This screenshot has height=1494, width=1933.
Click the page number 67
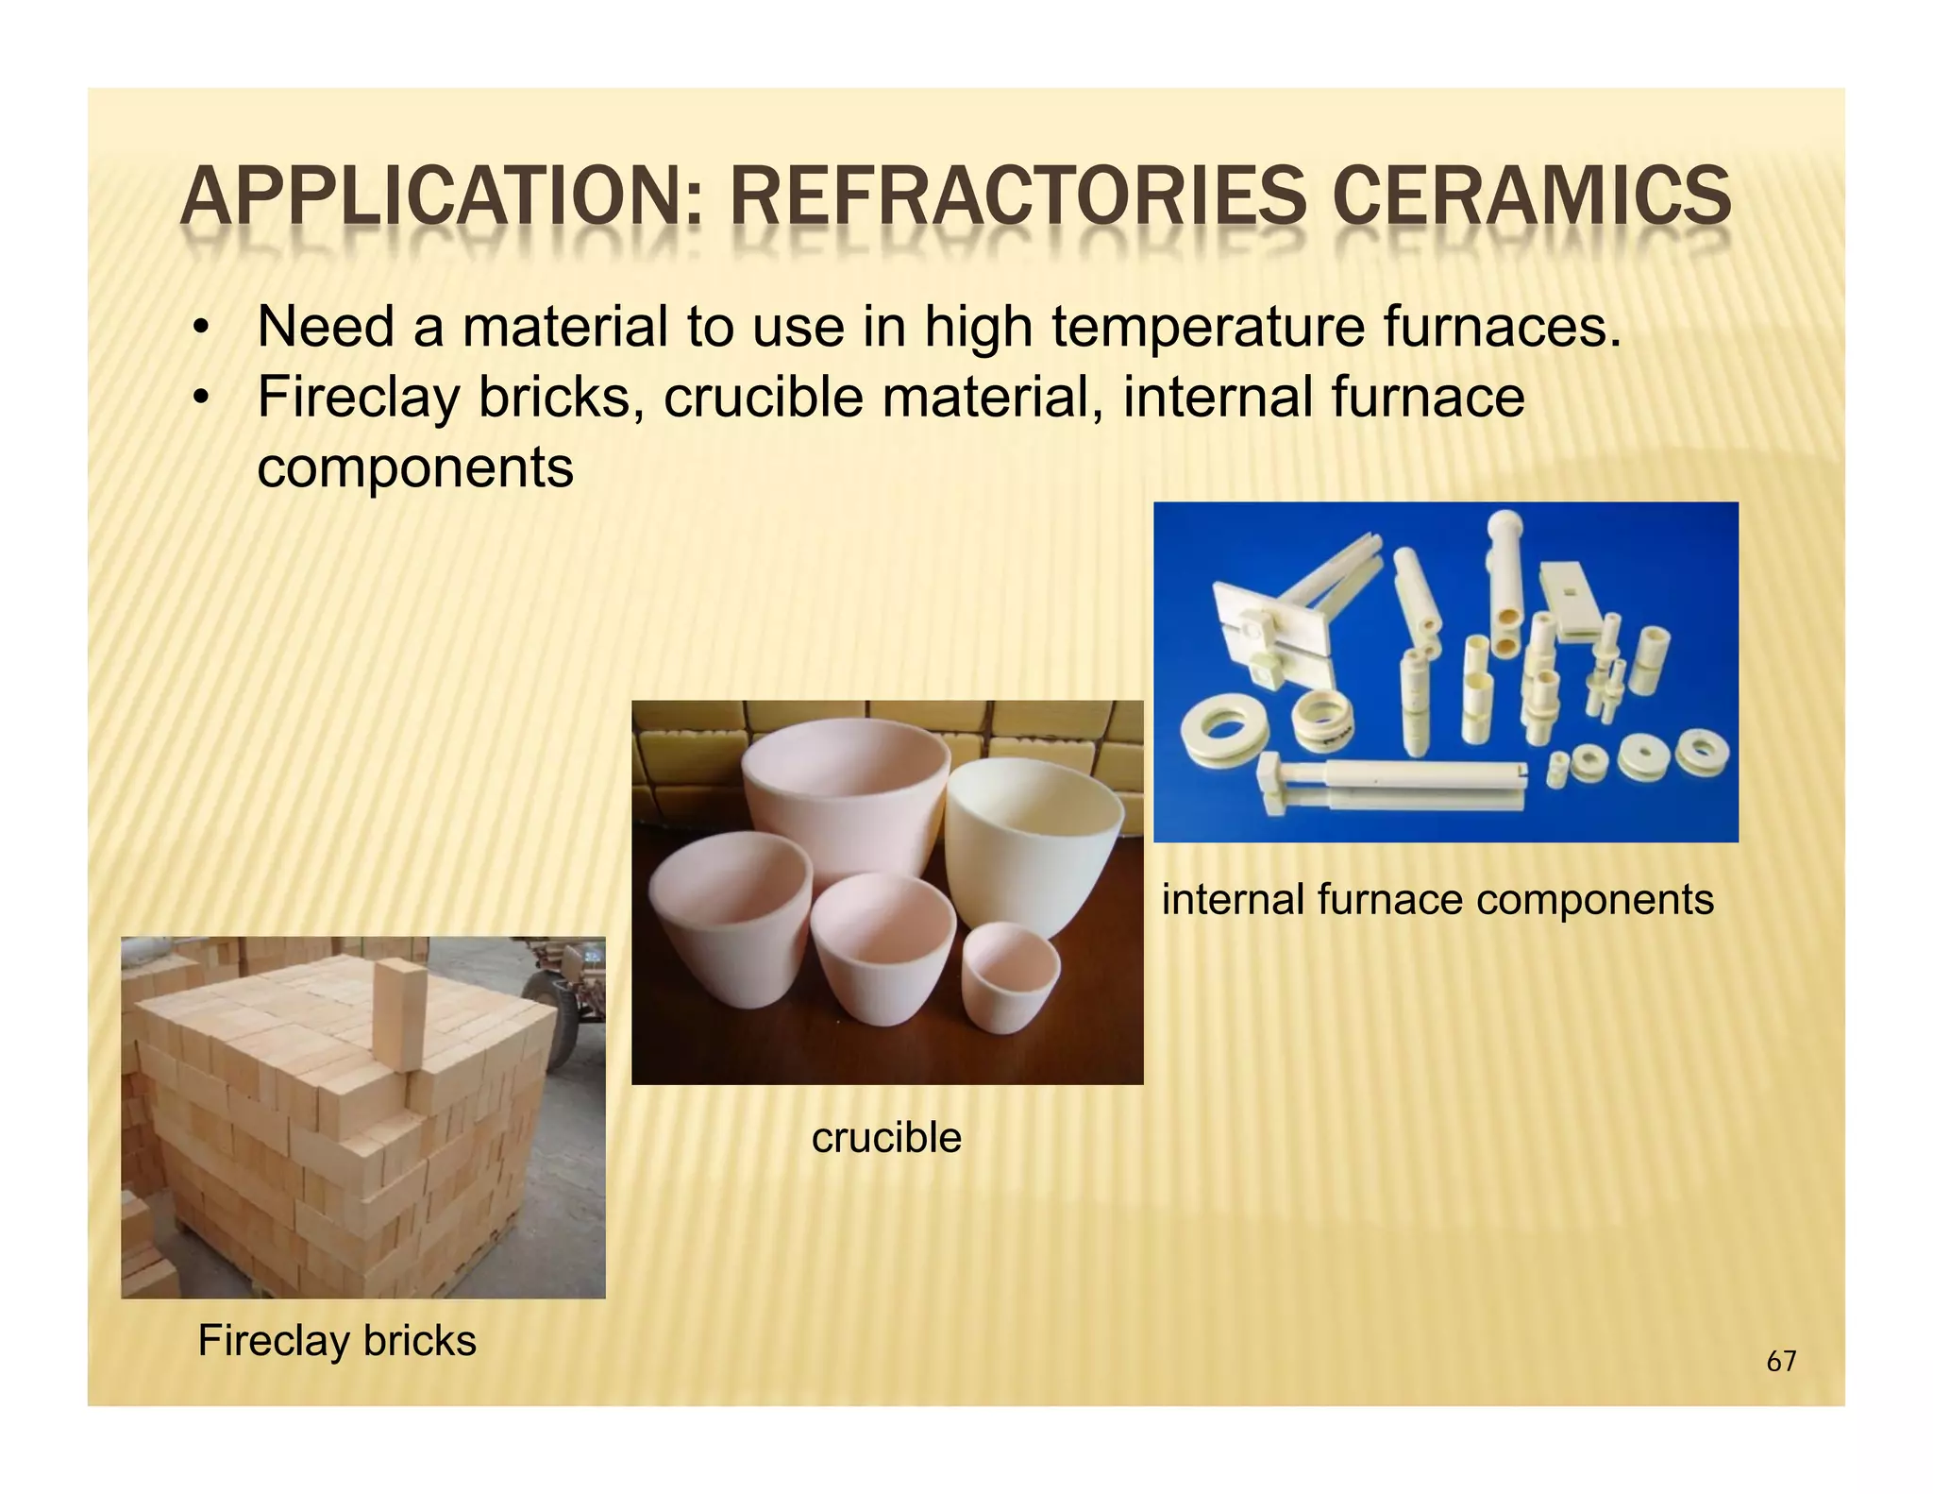pyautogui.click(x=1781, y=1361)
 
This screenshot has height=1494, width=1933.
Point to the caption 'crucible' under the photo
pyautogui.click(x=886, y=1137)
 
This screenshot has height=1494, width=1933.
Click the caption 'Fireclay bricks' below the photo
pyautogui.click(x=337, y=1340)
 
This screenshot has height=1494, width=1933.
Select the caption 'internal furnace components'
pyautogui.click(x=1437, y=898)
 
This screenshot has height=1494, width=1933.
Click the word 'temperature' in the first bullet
pyautogui.click(x=1209, y=327)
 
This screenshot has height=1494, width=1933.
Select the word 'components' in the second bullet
pyautogui.click(x=415, y=467)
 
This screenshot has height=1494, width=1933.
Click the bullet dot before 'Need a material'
pyautogui.click(x=198, y=330)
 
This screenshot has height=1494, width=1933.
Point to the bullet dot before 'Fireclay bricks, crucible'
pyautogui.click(x=198, y=399)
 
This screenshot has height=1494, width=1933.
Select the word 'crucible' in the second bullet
pyautogui.click(x=763, y=397)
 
